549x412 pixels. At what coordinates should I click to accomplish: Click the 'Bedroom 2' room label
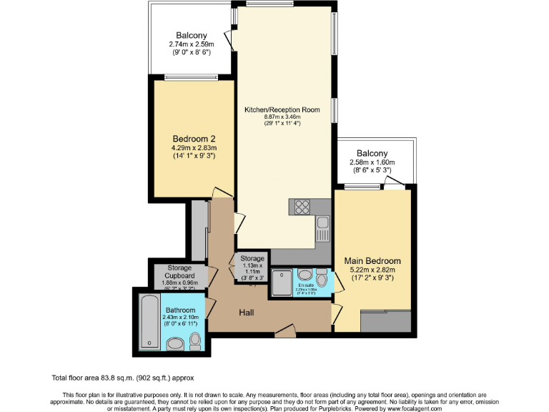(x=194, y=138)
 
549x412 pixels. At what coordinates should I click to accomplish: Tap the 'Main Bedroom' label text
(x=372, y=261)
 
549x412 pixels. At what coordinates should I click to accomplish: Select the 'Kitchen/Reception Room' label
(x=282, y=110)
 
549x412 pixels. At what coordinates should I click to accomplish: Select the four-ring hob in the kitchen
(x=301, y=206)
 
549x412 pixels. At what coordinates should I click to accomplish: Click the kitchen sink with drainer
(x=322, y=230)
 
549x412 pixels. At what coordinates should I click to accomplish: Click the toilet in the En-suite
(x=321, y=278)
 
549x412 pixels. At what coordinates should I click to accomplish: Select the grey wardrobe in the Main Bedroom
(x=385, y=322)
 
